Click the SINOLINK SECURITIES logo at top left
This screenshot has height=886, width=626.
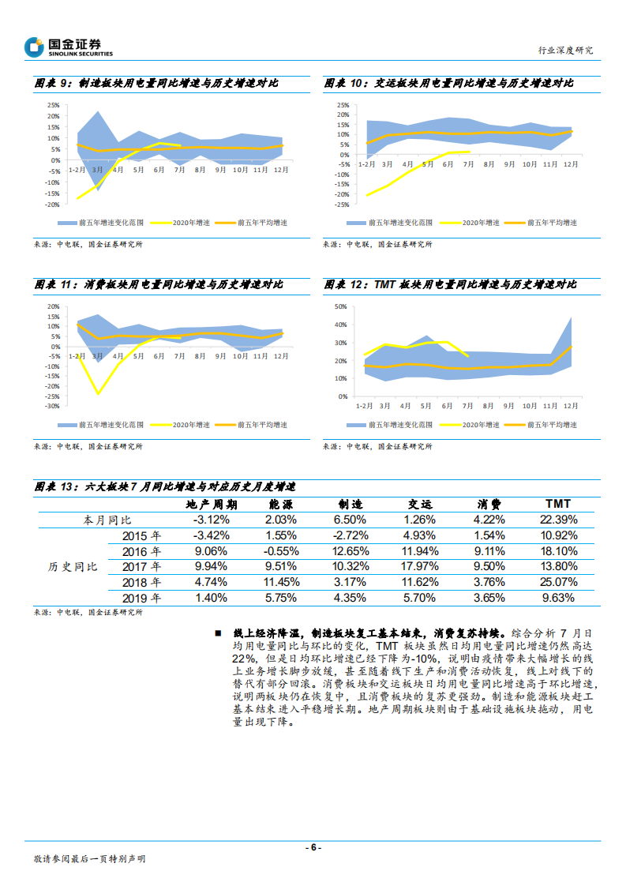[69, 47]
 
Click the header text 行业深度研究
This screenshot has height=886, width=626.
[565, 50]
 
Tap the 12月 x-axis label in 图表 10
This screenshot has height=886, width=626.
[570, 164]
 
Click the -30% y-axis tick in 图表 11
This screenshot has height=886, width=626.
[53, 406]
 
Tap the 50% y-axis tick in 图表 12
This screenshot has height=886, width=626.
[342, 306]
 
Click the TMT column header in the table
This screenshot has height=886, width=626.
[558, 504]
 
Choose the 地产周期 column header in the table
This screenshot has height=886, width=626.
[211, 504]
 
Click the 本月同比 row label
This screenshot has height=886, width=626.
[108, 520]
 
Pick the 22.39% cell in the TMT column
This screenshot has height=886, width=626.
[557, 520]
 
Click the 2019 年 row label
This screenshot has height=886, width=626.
[143, 598]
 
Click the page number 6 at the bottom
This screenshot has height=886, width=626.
[313, 847]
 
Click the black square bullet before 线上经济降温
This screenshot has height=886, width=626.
[218, 633]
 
